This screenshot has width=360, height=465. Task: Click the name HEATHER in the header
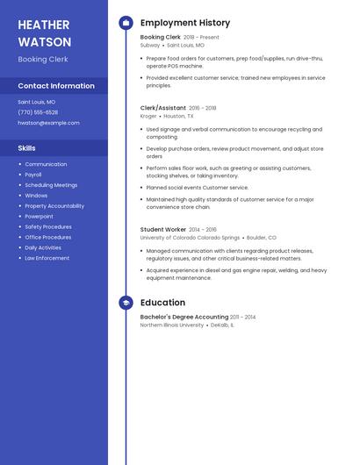click(44, 25)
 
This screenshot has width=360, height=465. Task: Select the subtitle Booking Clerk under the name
click(43, 60)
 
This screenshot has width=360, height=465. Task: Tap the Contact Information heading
click(56, 86)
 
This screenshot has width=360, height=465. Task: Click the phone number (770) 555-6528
click(38, 112)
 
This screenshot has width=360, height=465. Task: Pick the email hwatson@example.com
click(48, 123)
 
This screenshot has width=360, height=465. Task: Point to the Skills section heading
click(26, 148)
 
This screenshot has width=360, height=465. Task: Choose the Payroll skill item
click(33, 175)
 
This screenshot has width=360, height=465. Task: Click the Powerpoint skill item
click(40, 216)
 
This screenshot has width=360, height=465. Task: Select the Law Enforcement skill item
click(47, 258)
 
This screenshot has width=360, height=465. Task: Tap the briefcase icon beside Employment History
click(126, 23)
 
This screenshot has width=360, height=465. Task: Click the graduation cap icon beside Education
click(126, 303)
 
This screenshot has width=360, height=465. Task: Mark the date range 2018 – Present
click(201, 38)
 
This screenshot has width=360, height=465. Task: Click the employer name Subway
click(149, 45)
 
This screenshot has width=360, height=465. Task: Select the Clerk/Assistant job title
click(163, 108)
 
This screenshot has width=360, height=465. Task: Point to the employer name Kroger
click(148, 116)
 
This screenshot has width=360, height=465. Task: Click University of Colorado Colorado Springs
click(190, 238)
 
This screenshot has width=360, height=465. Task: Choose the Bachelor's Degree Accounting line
click(184, 317)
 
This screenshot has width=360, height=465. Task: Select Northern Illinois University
click(172, 325)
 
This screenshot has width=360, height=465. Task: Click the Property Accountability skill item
click(54, 205)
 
